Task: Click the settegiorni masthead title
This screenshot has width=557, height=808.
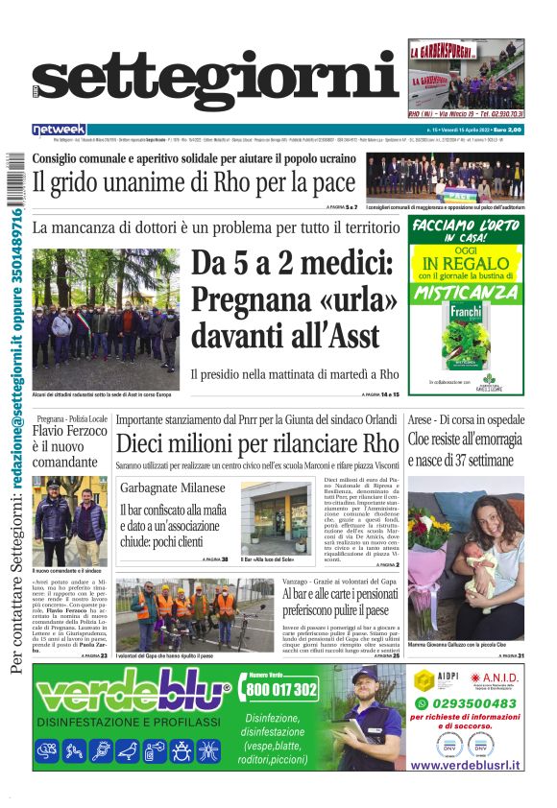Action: (x=216, y=84)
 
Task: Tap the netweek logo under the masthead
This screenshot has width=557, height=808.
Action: (x=59, y=130)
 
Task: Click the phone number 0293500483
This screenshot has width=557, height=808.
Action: (x=465, y=704)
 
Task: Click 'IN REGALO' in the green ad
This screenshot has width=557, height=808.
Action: (x=467, y=261)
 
